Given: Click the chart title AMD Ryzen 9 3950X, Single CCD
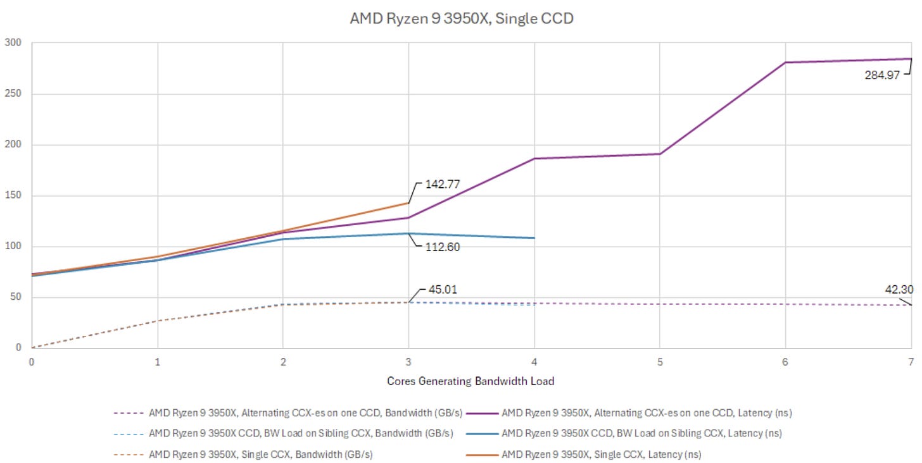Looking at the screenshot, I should (462, 18).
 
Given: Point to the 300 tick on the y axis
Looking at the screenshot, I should (13, 43).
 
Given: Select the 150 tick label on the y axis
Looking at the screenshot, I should (13, 195).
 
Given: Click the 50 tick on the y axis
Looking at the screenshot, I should (15, 297).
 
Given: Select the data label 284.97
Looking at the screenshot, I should (882, 75).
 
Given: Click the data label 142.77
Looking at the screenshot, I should (441, 185).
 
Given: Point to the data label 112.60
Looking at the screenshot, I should (441, 247).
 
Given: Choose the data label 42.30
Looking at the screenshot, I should (899, 290).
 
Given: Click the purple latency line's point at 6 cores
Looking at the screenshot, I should (786, 63).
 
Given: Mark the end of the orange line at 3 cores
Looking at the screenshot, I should (408, 203).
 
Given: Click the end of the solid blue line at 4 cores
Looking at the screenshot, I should (534, 238).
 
